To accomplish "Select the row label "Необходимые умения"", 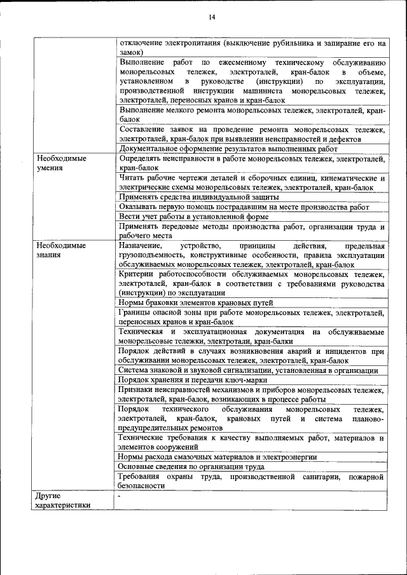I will pyautogui.click(x=61, y=163).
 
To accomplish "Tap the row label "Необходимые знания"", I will pyautogui.click(x=61, y=250).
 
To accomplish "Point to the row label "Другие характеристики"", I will pyautogui.click(x=63, y=500).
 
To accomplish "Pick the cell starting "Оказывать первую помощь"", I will pyautogui.click(x=244, y=206).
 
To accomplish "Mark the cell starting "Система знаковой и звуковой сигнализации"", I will pyautogui.click(x=249, y=370).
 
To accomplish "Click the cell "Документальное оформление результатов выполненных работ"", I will pyautogui.click(x=228, y=149).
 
